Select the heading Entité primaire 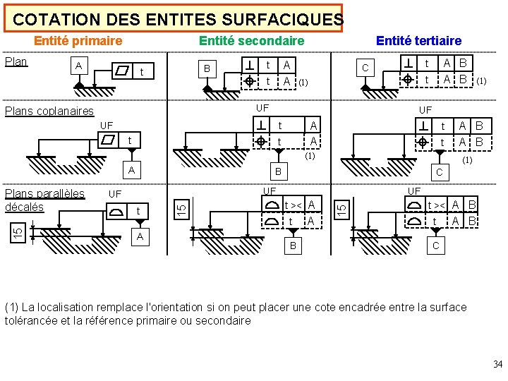78,41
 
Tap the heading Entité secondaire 251,41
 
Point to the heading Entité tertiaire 418,41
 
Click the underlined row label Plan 16,61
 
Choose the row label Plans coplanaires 49,111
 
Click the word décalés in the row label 24,207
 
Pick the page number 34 497,364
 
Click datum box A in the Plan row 78,66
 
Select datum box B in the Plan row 207,68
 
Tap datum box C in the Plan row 365,68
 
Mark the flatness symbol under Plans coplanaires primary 109,140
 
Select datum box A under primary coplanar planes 131,170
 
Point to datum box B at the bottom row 292,246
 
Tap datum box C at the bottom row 435,246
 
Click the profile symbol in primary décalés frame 116,211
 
